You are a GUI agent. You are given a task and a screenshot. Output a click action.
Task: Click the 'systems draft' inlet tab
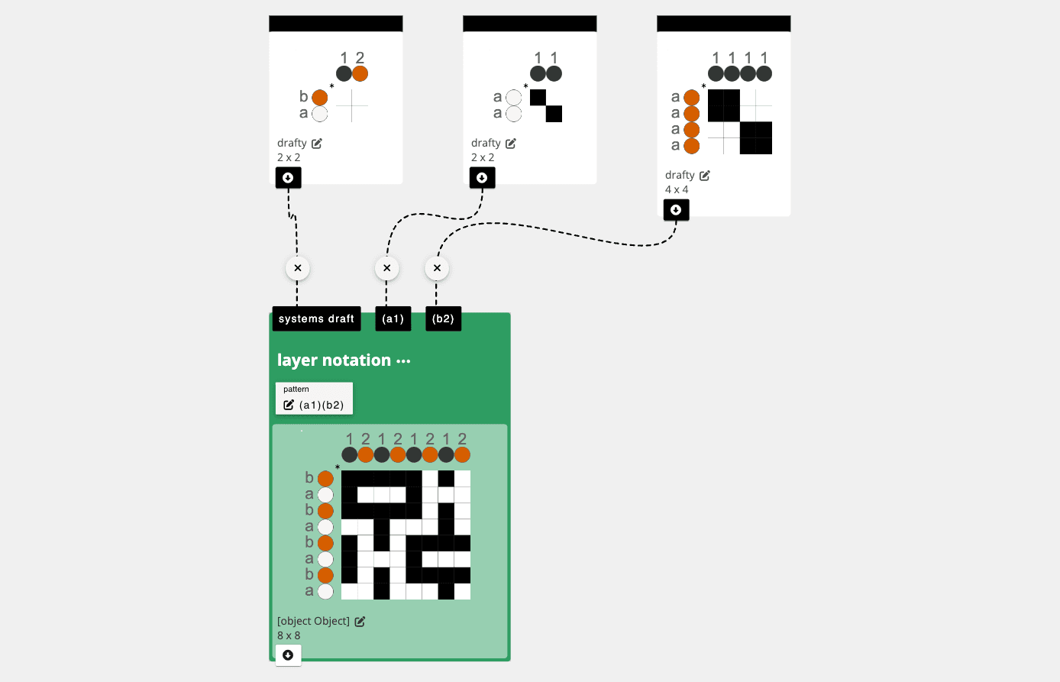[316, 318]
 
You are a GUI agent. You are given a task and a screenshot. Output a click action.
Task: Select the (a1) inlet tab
[393, 318]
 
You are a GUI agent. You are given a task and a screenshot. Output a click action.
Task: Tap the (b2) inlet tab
[443, 318]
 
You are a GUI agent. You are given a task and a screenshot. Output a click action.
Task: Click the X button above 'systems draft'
[298, 268]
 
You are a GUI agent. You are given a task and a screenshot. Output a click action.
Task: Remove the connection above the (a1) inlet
[387, 268]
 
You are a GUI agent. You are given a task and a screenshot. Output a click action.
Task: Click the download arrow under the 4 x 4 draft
[676, 210]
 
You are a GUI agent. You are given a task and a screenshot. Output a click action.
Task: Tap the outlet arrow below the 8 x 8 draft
[288, 655]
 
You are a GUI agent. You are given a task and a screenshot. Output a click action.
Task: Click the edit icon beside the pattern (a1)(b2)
[288, 405]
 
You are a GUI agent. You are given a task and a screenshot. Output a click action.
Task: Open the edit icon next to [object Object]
[360, 622]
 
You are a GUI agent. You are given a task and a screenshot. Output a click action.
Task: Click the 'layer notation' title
[334, 360]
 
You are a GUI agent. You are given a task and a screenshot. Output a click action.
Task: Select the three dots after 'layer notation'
[403, 361]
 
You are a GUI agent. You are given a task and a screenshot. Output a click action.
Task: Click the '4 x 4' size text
[677, 190]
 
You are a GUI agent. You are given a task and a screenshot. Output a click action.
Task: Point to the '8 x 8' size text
[289, 635]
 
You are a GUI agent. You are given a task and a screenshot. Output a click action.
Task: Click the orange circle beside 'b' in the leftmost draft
[320, 98]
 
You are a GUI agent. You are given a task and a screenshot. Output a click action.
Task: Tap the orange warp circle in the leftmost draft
[360, 74]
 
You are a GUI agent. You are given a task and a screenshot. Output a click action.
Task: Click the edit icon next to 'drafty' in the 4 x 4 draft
[705, 176]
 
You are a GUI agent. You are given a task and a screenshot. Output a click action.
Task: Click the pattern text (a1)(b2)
[322, 405]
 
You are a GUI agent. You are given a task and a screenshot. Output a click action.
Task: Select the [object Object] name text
[313, 621]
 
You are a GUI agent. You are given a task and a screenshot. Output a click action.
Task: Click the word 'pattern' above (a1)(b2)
[296, 389]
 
